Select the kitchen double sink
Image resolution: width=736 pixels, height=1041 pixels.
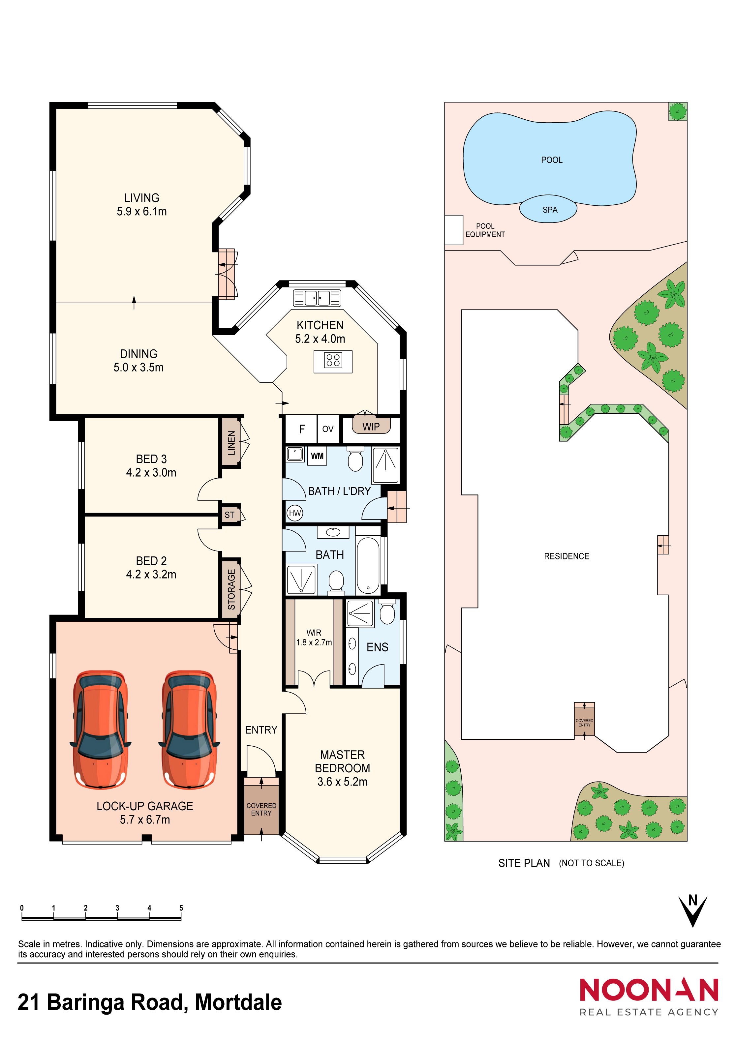pyautogui.click(x=318, y=298)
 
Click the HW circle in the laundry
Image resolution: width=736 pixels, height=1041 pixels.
pyautogui.click(x=295, y=513)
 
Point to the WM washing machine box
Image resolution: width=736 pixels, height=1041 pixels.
pyautogui.click(x=318, y=456)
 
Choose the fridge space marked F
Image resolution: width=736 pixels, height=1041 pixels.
pyautogui.click(x=302, y=429)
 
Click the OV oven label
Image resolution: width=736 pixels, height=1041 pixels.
pyautogui.click(x=328, y=429)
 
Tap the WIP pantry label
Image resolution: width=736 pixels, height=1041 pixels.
pyautogui.click(x=371, y=427)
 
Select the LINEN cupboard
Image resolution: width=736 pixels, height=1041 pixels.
pyautogui.click(x=231, y=442)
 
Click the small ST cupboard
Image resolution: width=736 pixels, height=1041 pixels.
pyautogui.click(x=230, y=515)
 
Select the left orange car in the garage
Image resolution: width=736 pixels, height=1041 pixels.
pyautogui.click(x=101, y=730)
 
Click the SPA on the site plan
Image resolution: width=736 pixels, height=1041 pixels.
pyautogui.click(x=548, y=209)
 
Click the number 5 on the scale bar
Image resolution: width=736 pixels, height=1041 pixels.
pyautogui.click(x=181, y=908)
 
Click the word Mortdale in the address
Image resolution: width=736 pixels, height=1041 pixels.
pyautogui.click(x=238, y=1002)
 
